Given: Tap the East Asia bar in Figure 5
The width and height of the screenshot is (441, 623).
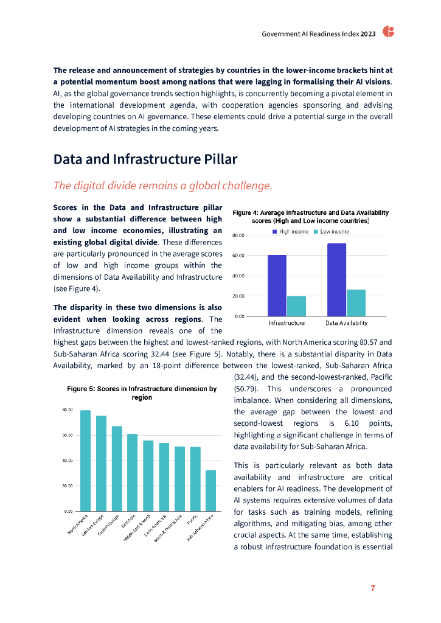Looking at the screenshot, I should [132, 472].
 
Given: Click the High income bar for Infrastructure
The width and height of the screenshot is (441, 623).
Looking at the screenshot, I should [277, 285].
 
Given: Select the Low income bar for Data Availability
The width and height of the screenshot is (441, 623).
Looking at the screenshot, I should [356, 303].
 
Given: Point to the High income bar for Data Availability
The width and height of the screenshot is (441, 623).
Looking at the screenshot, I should [336, 280].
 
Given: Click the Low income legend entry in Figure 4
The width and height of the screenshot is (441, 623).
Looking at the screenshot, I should [331, 232].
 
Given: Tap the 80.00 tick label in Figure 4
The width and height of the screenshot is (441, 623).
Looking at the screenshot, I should [239, 235].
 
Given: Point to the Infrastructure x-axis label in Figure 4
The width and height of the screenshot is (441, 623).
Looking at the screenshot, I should [286, 323].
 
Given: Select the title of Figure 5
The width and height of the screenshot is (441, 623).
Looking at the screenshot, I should [142, 393].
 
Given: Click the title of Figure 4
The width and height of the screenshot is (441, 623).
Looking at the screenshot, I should [311, 217].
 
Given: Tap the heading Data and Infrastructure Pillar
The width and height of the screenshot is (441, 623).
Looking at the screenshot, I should [145, 159].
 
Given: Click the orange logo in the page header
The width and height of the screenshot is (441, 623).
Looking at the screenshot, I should [388, 33].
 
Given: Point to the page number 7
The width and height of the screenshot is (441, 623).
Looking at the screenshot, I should [373, 588].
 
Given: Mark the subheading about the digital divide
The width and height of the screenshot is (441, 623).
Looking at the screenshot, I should [162, 185].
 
